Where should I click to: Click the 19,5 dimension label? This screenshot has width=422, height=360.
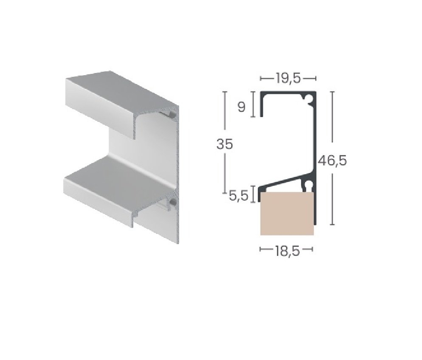click(x=288, y=78)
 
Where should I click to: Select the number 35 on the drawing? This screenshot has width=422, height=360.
click(x=225, y=144)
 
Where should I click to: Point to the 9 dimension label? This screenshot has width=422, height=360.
click(x=241, y=107)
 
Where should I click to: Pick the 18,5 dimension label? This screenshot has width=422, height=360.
click(x=287, y=251)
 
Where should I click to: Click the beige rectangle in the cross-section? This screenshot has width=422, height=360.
click(x=287, y=214)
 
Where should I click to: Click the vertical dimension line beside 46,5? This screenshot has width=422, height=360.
click(x=333, y=127)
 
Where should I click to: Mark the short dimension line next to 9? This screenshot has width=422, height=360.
click(x=253, y=104)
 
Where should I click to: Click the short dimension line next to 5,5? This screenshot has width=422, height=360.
click(x=253, y=194)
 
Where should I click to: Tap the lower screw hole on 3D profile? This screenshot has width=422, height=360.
click(x=173, y=203)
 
